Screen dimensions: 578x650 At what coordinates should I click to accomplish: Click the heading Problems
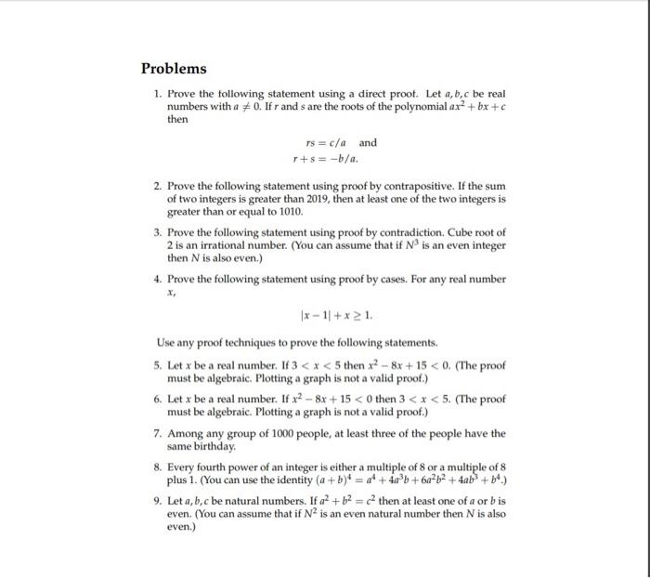click(174, 69)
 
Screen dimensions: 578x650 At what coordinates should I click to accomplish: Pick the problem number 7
click(158, 432)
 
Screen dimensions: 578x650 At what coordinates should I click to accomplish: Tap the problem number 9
click(158, 500)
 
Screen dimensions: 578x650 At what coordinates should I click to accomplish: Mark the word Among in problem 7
click(186, 432)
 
